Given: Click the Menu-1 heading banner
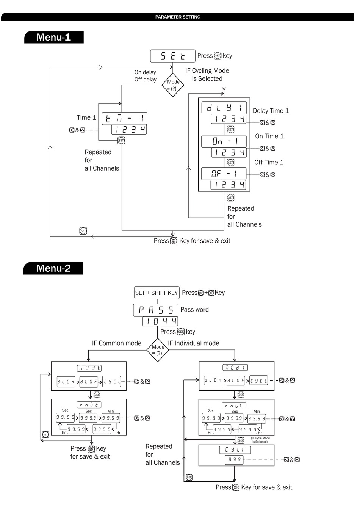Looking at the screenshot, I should click(x=54, y=37).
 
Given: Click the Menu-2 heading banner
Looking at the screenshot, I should click(x=53, y=268).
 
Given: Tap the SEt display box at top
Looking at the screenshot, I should click(x=173, y=56).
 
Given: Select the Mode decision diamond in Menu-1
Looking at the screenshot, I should click(x=173, y=85).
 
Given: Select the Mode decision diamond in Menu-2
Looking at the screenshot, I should click(x=158, y=350).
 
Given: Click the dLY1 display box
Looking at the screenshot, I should click(x=224, y=108).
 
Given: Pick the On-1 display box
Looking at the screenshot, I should click(x=224, y=141).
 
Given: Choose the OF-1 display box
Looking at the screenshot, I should click(x=224, y=174).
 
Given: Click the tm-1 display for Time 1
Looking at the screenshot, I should click(x=124, y=119).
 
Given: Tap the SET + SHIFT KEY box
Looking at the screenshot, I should click(x=157, y=293).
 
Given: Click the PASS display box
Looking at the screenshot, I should click(x=156, y=310).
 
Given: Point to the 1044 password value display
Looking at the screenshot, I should click(x=160, y=322).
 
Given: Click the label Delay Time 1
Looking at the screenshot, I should click(x=271, y=111).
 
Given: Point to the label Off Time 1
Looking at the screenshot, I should click(x=269, y=162).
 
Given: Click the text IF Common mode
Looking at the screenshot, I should click(x=117, y=343).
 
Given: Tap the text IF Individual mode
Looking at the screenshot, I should click(x=193, y=343).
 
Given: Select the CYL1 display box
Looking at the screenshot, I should click(x=235, y=450).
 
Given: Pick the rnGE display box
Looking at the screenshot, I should click(x=89, y=405).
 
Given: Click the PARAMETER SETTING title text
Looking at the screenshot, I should click(x=178, y=17).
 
